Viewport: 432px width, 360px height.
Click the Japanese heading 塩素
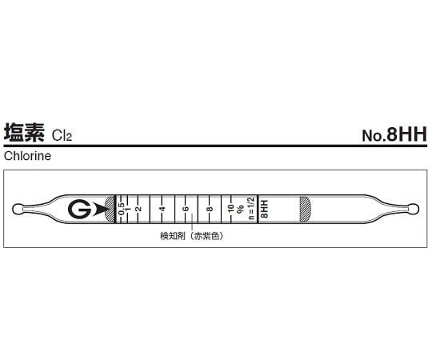pos(26,133)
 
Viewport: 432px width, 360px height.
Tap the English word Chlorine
pos(26,157)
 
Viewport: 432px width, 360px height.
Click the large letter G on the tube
pos(79,209)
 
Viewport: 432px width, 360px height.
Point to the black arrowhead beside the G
pos(99,209)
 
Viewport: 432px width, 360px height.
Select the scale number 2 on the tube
pos(138,209)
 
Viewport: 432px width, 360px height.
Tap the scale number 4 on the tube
pos(162,209)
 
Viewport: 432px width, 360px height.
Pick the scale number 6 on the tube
pos(185,209)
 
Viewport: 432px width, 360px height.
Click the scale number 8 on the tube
pos(209,209)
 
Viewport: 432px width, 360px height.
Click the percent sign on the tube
pos(240,209)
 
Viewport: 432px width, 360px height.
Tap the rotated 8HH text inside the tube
pos(264,210)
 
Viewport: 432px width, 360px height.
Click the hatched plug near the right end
pos(305,209)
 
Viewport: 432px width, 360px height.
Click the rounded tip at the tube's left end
pos(18,210)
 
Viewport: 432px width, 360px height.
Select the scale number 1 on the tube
pos(129,209)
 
